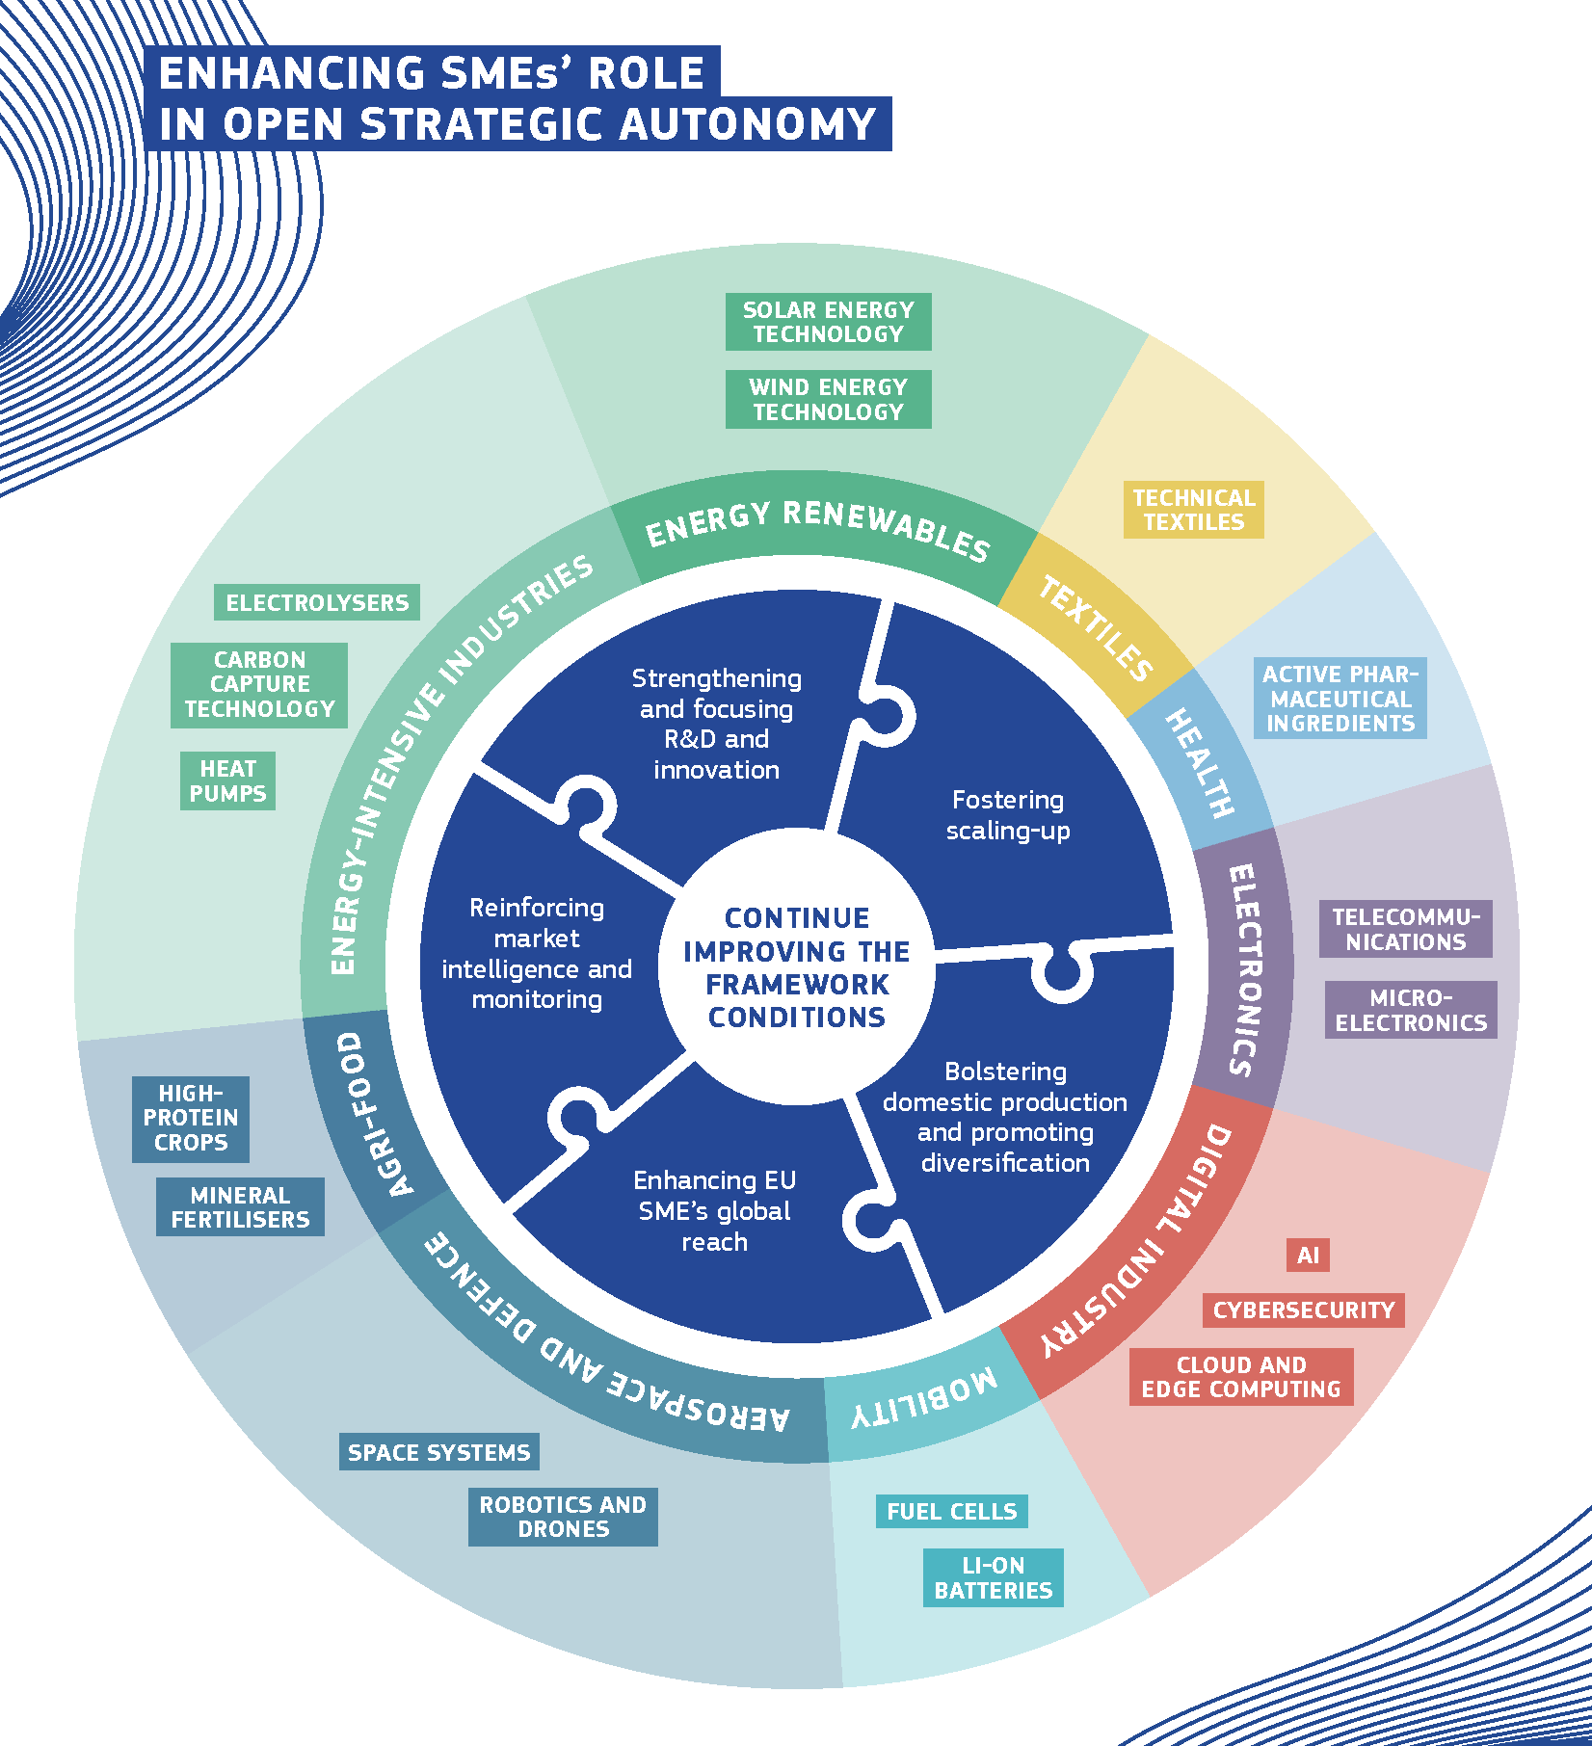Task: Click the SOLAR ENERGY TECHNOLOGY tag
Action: pos(828,322)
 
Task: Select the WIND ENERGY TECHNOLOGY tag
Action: pos(828,399)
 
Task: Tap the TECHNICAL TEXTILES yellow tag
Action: pos(1193,510)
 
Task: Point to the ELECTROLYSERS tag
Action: pos(317,603)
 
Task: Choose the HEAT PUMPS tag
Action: pos(227,781)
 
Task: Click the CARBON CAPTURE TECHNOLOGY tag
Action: pos(259,685)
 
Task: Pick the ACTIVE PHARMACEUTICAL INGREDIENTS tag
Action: pos(1340,699)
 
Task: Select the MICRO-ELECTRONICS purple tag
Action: pos(1411,1010)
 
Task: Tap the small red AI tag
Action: pos(1308,1256)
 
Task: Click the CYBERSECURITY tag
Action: pos(1303,1310)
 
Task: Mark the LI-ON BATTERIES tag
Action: pos(993,1578)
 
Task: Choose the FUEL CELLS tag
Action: pos(951,1512)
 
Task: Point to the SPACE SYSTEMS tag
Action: pos(438,1452)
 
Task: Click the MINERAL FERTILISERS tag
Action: pos(240,1207)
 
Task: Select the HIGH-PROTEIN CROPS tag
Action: pos(191,1119)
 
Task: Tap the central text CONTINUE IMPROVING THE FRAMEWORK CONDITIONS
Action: pos(796,967)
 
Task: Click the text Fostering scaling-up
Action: pos(1007,815)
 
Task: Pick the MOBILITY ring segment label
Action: pos(924,1399)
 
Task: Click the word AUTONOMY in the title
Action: pos(748,124)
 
